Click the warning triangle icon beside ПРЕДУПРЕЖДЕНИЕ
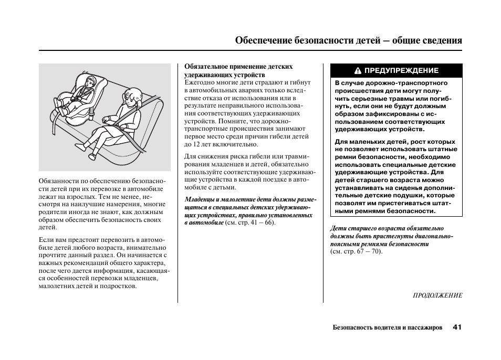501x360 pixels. [358, 71]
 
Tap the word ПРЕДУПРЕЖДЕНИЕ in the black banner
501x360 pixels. [401, 71]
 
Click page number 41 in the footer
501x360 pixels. [456, 327]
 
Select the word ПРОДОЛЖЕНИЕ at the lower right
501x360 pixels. [437, 295]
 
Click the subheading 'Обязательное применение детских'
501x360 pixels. [238, 67]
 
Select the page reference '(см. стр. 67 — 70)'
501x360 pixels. [357, 251]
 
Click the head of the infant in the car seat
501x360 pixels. [90, 82]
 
